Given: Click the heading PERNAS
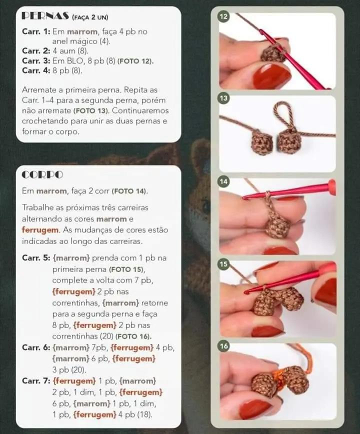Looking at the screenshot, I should click(x=45, y=16).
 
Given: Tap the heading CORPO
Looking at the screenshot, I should click(x=42, y=175).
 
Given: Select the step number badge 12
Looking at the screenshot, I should click(x=224, y=17).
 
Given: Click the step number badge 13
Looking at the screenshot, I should click(x=224, y=99).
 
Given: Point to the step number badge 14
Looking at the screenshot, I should click(x=224, y=181).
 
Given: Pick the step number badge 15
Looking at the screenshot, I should click(x=224, y=264).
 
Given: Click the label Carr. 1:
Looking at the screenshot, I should click(x=35, y=31).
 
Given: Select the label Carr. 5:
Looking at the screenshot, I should click(x=35, y=257).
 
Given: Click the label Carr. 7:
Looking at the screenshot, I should click(x=35, y=381).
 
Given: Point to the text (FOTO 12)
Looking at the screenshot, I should click(x=135, y=61).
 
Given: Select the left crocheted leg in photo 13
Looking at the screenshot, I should click(x=261, y=142).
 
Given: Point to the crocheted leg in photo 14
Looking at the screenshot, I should click(x=277, y=225).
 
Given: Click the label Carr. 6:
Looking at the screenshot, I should click(x=35, y=347).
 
